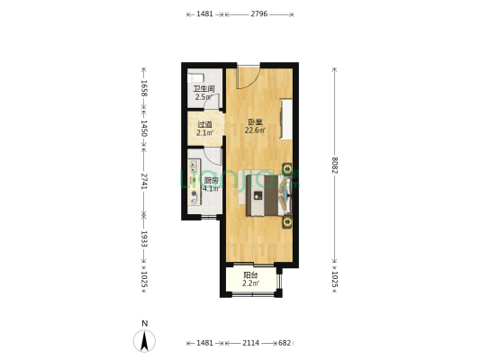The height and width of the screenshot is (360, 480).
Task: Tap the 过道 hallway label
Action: click(204, 125)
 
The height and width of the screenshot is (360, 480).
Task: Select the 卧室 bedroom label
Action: click(256, 122)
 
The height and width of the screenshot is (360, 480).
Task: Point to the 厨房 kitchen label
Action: click(210, 179)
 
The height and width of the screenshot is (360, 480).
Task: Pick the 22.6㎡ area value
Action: click(256, 130)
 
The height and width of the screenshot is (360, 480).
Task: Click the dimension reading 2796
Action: click(259, 14)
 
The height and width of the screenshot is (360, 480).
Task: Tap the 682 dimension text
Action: click(285, 343)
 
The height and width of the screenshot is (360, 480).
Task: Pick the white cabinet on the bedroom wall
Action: click(286, 118)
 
